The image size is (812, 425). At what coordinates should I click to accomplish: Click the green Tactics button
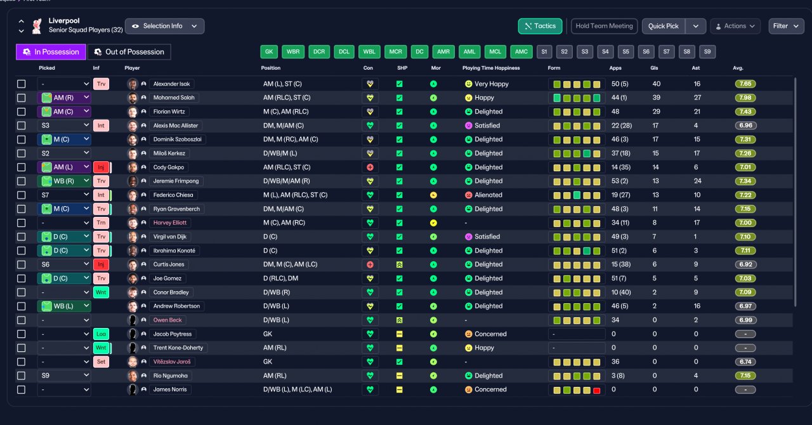click(x=540, y=26)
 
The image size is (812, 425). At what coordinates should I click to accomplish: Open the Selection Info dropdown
click(x=164, y=26)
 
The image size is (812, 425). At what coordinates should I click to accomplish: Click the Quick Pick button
click(x=664, y=26)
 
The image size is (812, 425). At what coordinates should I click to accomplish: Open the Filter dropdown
click(x=786, y=26)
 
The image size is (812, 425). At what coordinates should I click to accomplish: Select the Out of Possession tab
click(x=129, y=52)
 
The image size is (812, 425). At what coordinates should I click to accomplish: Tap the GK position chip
click(x=269, y=52)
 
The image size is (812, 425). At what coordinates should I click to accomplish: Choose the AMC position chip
click(x=521, y=52)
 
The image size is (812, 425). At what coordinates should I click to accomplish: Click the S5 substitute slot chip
click(x=625, y=52)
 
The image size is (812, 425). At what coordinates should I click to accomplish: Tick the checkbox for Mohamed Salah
click(x=22, y=98)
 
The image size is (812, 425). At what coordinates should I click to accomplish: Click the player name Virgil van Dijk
click(x=169, y=237)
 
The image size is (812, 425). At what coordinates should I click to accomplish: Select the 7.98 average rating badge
click(x=745, y=98)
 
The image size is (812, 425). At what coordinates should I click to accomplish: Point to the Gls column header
click(x=654, y=68)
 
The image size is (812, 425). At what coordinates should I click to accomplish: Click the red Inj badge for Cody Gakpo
click(x=101, y=167)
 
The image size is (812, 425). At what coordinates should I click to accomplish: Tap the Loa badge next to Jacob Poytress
click(x=101, y=334)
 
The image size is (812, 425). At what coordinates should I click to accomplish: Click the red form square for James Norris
click(x=597, y=391)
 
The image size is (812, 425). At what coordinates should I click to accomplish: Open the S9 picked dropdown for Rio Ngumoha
click(x=64, y=376)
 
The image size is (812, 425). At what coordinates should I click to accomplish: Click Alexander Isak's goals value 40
click(x=656, y=84)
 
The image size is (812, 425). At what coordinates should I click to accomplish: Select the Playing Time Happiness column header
click(x=491, y=68)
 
